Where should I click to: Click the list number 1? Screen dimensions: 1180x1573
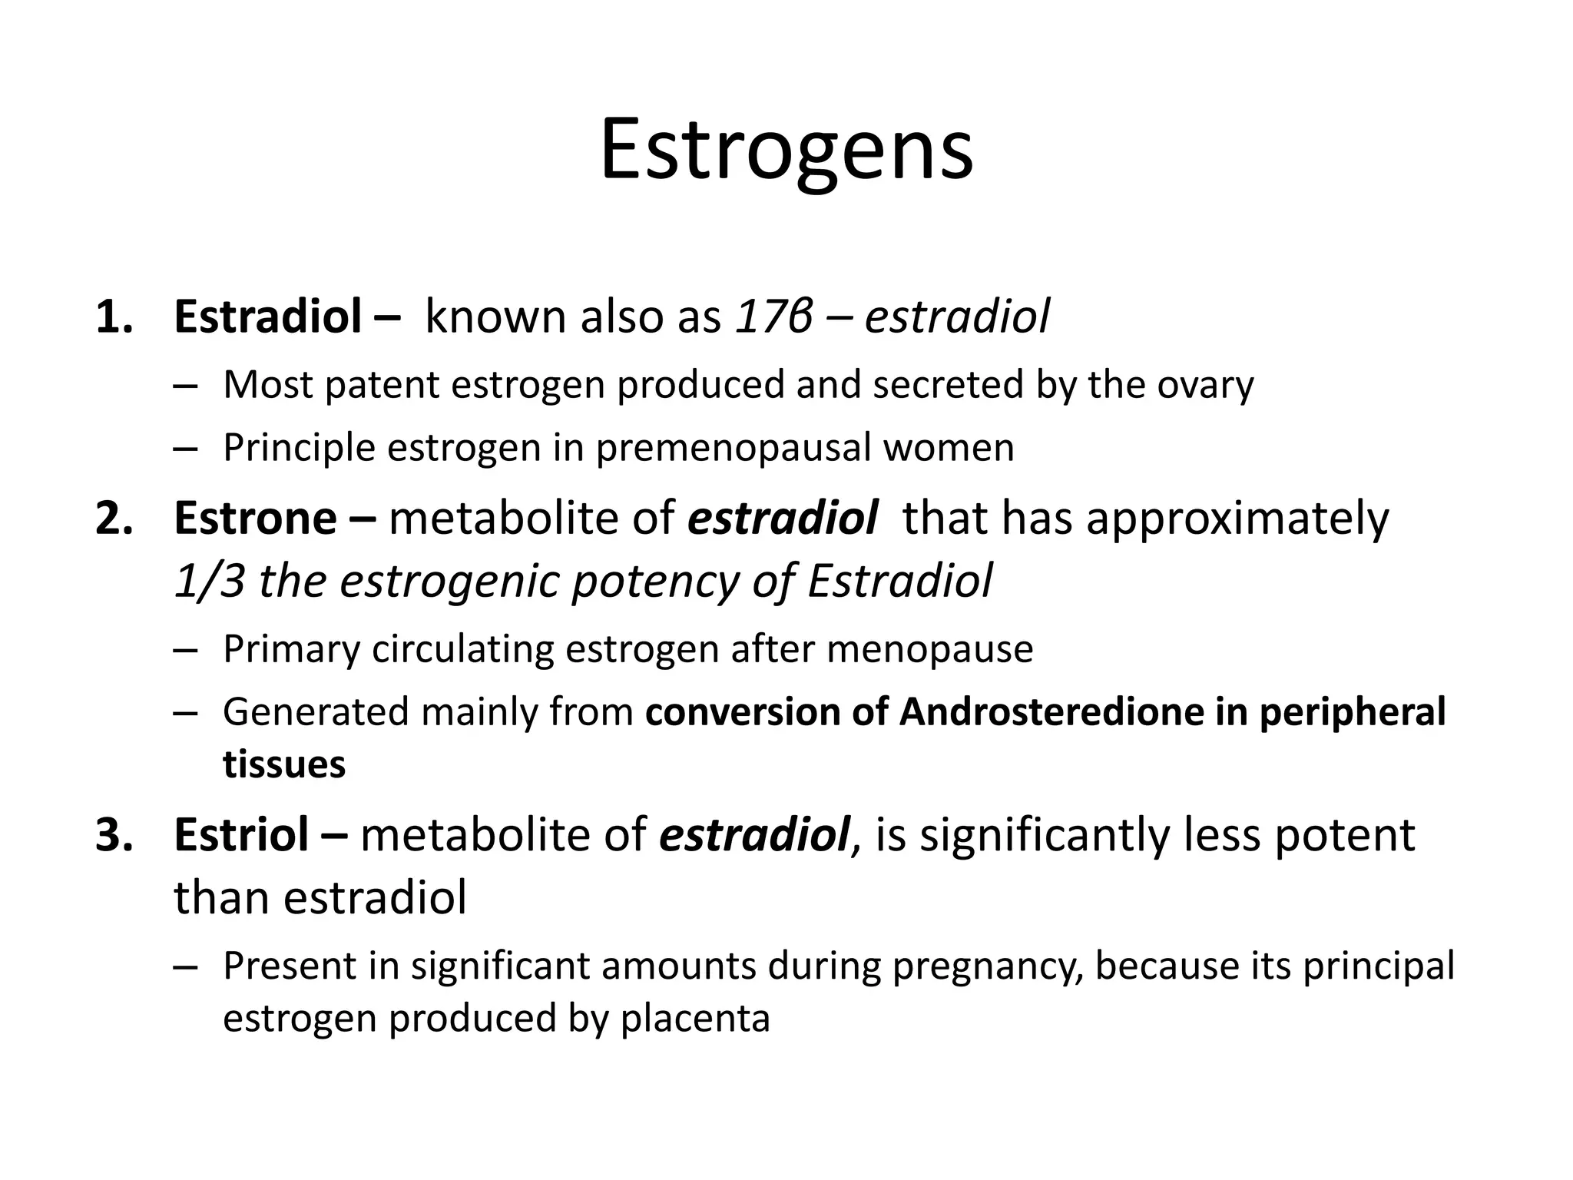click(x=114, y=317)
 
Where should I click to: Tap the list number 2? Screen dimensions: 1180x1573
click(x=114, y=518)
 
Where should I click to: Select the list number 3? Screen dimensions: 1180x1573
click(x=114, y=835)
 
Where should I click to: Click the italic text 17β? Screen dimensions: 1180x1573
click(x=773, y=317)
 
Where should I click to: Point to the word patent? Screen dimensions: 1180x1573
click(x=381, y=385)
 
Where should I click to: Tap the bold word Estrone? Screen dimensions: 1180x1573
click(x=255, y=518)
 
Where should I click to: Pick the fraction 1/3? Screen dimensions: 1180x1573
click(x=209, y=581)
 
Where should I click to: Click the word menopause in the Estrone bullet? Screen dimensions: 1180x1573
click(x=929, y=650)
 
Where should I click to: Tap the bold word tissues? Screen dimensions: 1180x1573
click(x=284, y=765)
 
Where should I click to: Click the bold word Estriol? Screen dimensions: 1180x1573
click(x=241, y=835)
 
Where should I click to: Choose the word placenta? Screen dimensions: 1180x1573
click(x=694, y=1019)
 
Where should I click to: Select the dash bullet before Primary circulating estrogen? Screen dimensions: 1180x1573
click(x=185, y=650)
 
